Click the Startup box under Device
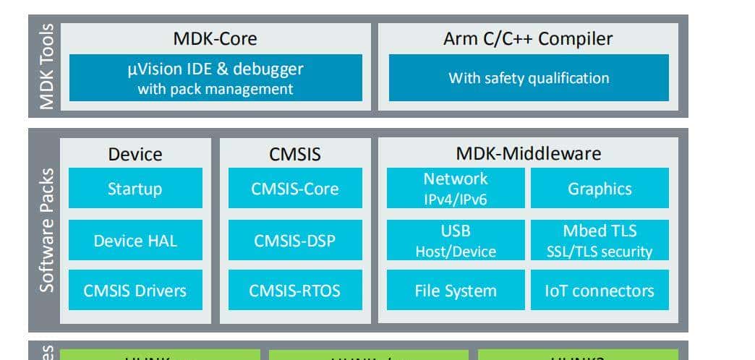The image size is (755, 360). tap(135, 189)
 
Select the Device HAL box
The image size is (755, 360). tap(135, 241)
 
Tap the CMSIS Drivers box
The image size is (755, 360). tap(135, 291)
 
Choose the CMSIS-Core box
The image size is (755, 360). tap(295, 189)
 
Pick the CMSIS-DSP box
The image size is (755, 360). tap(295, 241)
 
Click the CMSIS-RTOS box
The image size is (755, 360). tap(295, 291)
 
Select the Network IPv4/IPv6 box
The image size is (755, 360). tap(456, 188)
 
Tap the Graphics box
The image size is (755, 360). tap(600, 189)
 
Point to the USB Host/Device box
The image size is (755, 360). tap(456, 241)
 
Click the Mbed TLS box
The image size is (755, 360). tap(600, 241)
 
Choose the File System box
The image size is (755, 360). tap(456, 291)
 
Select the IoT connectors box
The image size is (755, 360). tap(600, 291)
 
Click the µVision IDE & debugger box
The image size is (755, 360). tap(216, 78)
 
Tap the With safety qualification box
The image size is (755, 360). tap(529, 78)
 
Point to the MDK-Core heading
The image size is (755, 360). tap(216, 38)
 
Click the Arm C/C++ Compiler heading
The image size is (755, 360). tap(528, 38)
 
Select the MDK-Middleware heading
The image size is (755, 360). tap(528, 153)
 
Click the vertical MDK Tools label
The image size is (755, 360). tap(47, 67)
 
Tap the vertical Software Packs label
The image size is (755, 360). tap(47, 231)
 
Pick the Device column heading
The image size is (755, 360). tap(135, 154)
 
